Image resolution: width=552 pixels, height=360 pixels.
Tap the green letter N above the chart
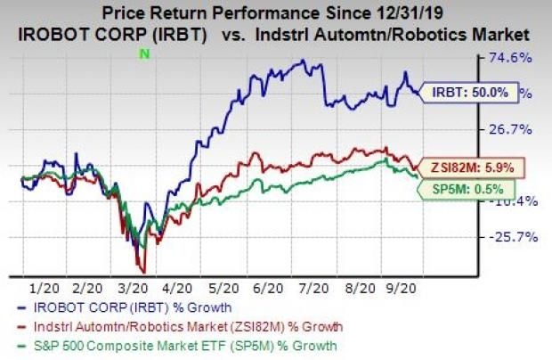pos(142,54)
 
